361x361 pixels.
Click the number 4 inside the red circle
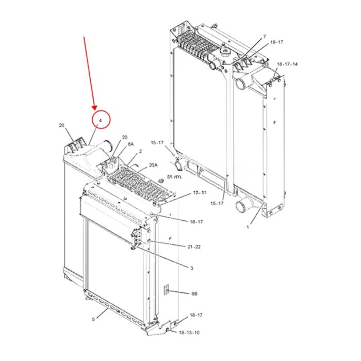click(x=101, y=120)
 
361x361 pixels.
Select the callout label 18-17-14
click(x=287, y=64)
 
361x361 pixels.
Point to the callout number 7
click(x=264, y=36)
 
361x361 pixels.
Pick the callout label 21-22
click(x=193, y=247)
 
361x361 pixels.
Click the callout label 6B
click(x=194, y=293)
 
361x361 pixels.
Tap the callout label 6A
click(x=131, y=144)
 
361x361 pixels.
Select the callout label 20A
click(x=153, y=165)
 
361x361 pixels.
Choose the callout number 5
click(x=93, y=319)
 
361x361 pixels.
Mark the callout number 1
click(x=248, y=226)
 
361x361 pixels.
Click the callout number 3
click(x=191, y=268)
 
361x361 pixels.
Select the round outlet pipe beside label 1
click(x=241, y=207)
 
